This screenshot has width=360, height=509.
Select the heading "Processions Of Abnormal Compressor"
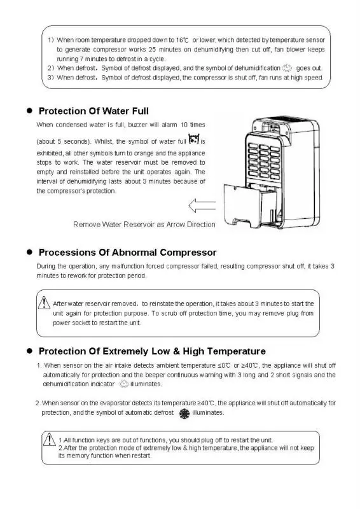(127, 253)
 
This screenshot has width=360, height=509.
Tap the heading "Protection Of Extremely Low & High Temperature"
(152, 351)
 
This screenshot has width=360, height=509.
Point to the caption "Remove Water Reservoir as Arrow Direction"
(144, 225)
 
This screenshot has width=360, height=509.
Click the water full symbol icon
(195, 139)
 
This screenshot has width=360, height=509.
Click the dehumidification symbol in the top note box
(287, 67)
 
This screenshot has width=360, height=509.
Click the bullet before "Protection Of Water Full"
(29, 111)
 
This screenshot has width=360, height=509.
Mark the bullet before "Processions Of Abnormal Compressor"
(29, 253)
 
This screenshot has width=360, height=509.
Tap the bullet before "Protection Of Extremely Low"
(29, 351)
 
